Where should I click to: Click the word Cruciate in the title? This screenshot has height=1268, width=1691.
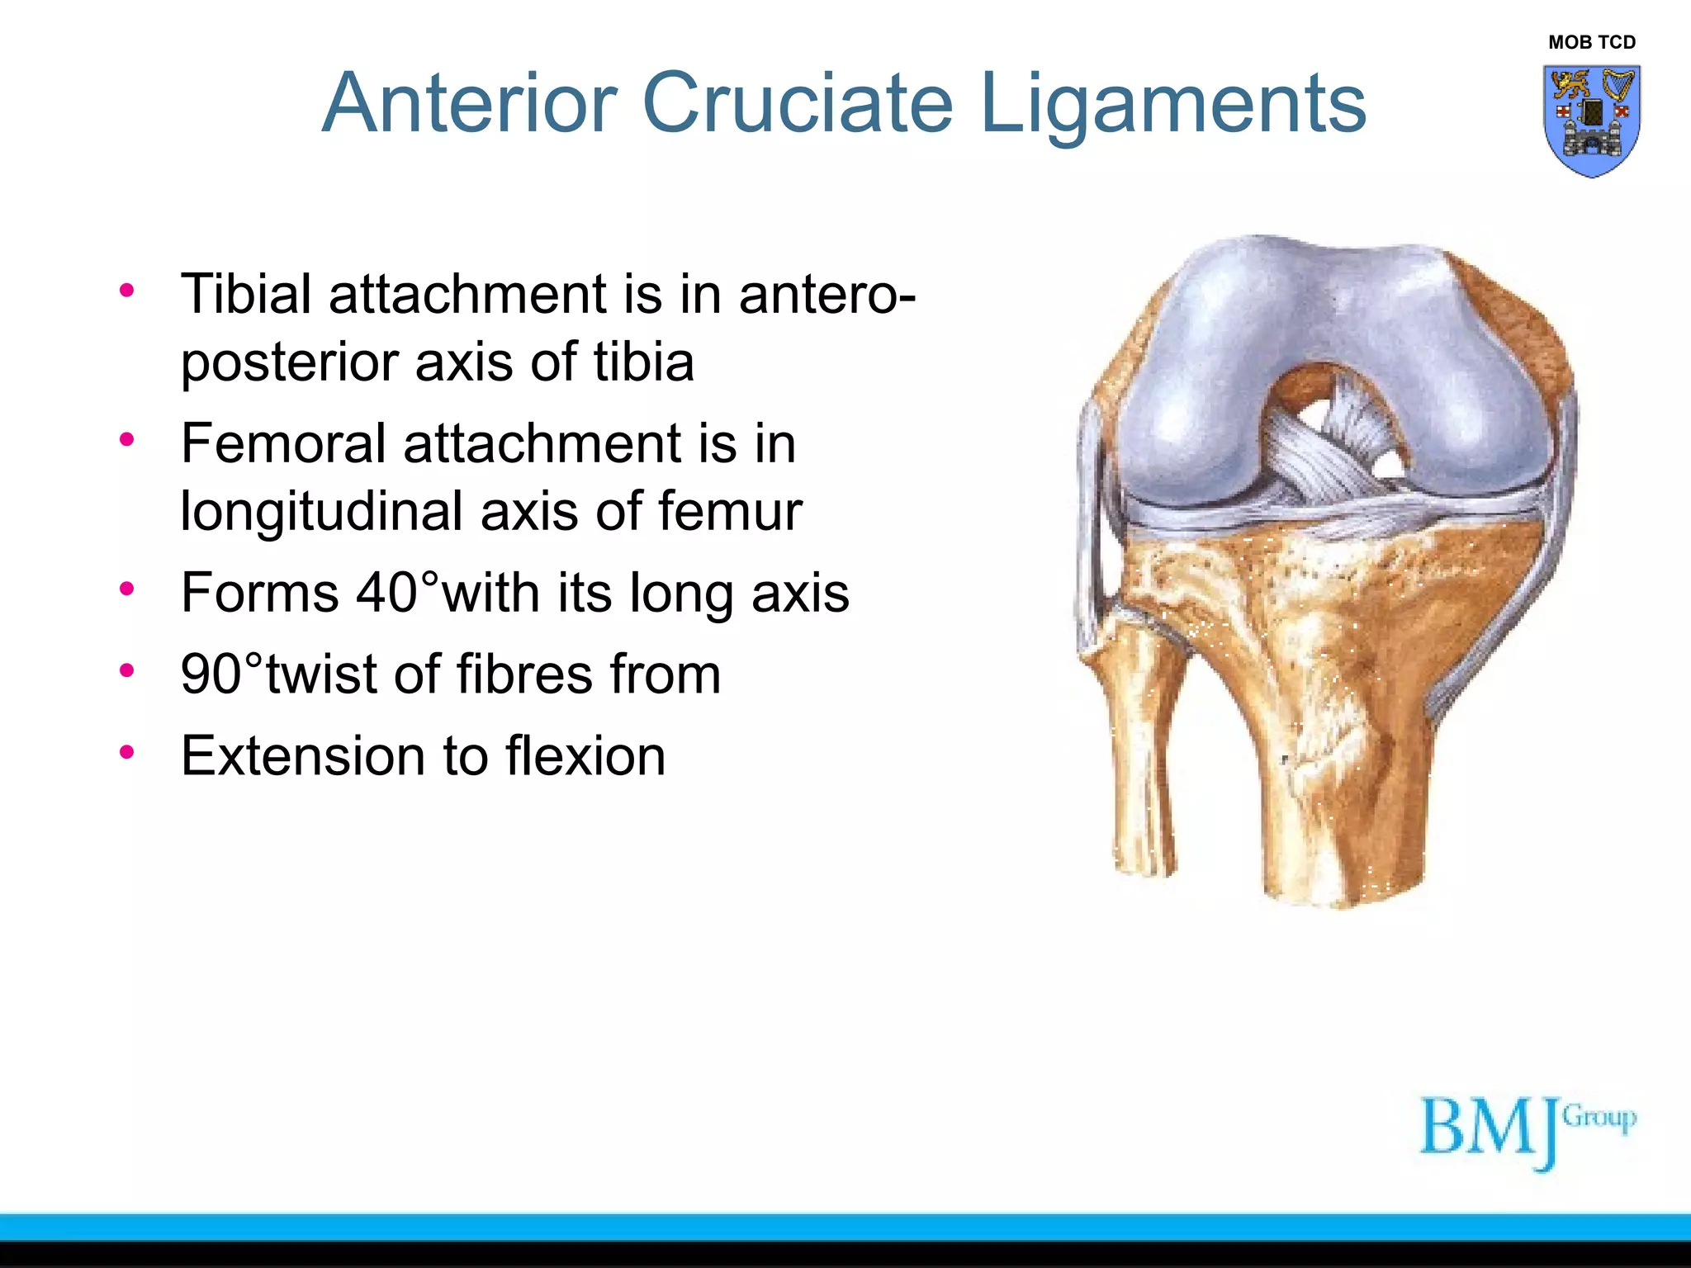pyautogui.click(x=797, y=103)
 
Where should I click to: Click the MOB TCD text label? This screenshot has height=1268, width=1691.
pyautogui.click(x=1591, y=42)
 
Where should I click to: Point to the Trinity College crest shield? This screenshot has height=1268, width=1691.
pyautogui.click(x=1591, y=121)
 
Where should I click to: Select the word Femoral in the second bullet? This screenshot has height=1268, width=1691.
pyautogui.click(x=283, y=444)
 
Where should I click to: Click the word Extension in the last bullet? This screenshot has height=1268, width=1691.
pyautogui.click(x=303, y=756)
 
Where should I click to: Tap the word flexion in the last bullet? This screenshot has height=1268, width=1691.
pyautogui.click(x=585, y=756)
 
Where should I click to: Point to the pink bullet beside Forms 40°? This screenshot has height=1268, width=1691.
pyautogui.click(x=126, y=589)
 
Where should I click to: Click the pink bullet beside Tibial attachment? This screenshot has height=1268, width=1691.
pyautogui.click(x=126, y=290)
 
